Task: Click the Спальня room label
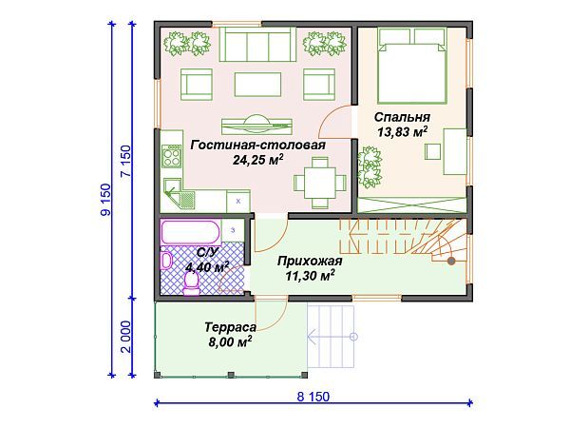[x=402, y=117]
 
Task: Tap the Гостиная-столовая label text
[x=258, y=145]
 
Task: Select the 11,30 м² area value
[x=310, y=276]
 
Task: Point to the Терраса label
[x=230, y=327]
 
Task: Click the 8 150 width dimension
[x=313, y=397]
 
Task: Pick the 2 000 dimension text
[x=125, y=337]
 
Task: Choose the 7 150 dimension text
[x=125, y=162]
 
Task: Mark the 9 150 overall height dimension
[x=105, y=200]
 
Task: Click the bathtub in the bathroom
[x=190, y=232]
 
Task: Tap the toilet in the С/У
[x=191, y=283]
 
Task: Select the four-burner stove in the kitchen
[x=171, y=156]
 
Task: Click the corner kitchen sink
[x=179, y=192]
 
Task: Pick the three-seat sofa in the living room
[x=257, y=45]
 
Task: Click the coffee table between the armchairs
[x=257, y=85]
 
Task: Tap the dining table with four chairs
[x=320, y=183]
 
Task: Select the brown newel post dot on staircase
[x=451, y=261]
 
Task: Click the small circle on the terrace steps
[x=353, y=337]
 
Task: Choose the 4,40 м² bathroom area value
[x=206, y=267]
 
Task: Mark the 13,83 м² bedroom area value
[x=402, y=132]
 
